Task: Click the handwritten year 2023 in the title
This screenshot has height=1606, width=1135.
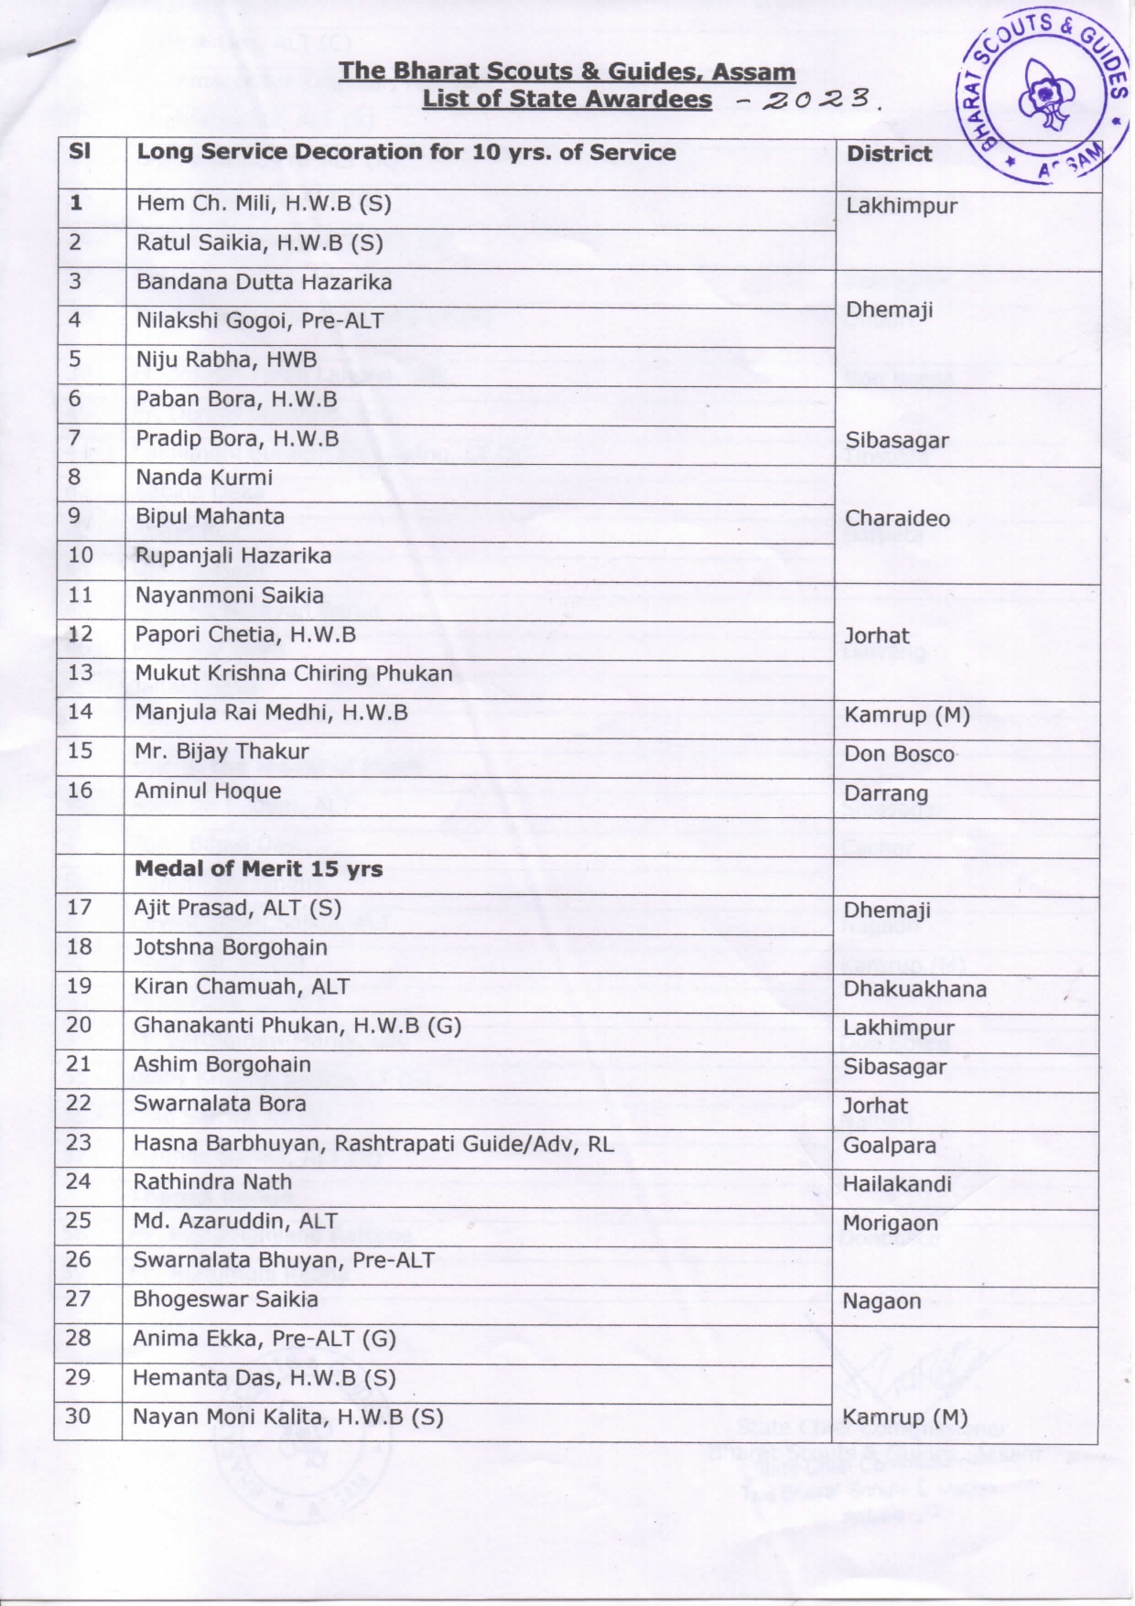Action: pos(816,99)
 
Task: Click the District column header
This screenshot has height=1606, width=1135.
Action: pos(889,154)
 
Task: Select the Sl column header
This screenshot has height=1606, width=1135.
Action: pos(80,152)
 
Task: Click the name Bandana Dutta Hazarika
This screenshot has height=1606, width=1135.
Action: pos(264,282)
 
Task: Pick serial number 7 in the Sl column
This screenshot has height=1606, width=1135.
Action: pos(74,438)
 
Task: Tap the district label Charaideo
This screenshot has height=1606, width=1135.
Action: pos(897,518)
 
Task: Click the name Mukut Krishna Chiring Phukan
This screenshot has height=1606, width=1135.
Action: pos(294,674)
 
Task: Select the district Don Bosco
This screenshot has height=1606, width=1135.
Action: pos(899,754)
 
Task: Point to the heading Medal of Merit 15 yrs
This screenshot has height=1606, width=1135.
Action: pos(258,868)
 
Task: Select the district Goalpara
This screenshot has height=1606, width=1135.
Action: pos(889,1146)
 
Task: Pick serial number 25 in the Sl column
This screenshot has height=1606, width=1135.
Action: pos(78,1221)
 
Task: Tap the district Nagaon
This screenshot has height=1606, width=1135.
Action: pos(881,1301)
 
